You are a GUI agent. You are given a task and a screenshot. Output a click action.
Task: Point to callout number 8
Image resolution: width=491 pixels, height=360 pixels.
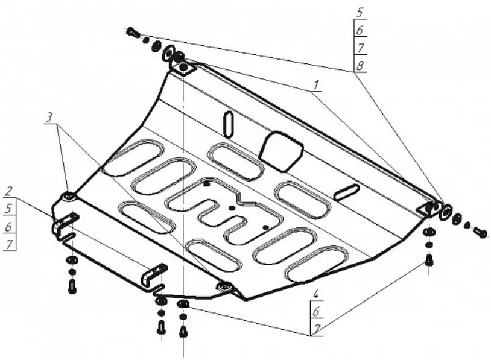(360, 65)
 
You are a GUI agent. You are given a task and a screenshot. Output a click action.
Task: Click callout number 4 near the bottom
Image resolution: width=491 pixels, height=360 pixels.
(316, 296)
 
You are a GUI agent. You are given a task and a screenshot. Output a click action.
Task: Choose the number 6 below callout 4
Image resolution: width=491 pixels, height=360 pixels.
(316, 312)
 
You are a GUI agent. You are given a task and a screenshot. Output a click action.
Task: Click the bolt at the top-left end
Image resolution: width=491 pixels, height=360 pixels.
(133, 32)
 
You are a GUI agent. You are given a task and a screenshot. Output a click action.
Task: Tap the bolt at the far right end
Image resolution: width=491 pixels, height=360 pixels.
(480, 232)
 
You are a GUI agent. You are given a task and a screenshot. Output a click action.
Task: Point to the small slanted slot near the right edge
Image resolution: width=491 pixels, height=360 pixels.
(347, 192)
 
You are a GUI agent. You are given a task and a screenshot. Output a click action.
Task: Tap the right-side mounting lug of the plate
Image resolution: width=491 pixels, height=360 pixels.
(428, 207)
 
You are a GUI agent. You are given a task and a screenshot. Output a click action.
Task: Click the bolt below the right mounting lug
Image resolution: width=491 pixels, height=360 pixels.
(429, 261)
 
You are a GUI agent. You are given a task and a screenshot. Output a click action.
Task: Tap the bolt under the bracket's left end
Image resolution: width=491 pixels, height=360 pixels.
(72, 286)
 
